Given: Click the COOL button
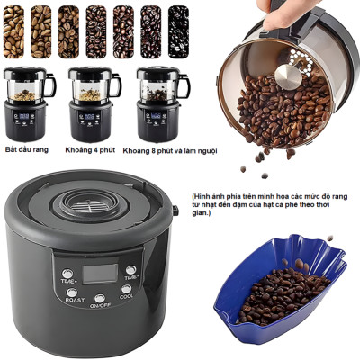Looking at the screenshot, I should pos(125,289).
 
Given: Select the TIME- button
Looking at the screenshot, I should pos(131,269).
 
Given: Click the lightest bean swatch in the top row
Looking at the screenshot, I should pos(14,31).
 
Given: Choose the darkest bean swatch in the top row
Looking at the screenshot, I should pos(177,31).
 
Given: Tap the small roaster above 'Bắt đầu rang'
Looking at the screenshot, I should pos(27,102).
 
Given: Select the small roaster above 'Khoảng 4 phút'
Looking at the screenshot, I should pos(91,102).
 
